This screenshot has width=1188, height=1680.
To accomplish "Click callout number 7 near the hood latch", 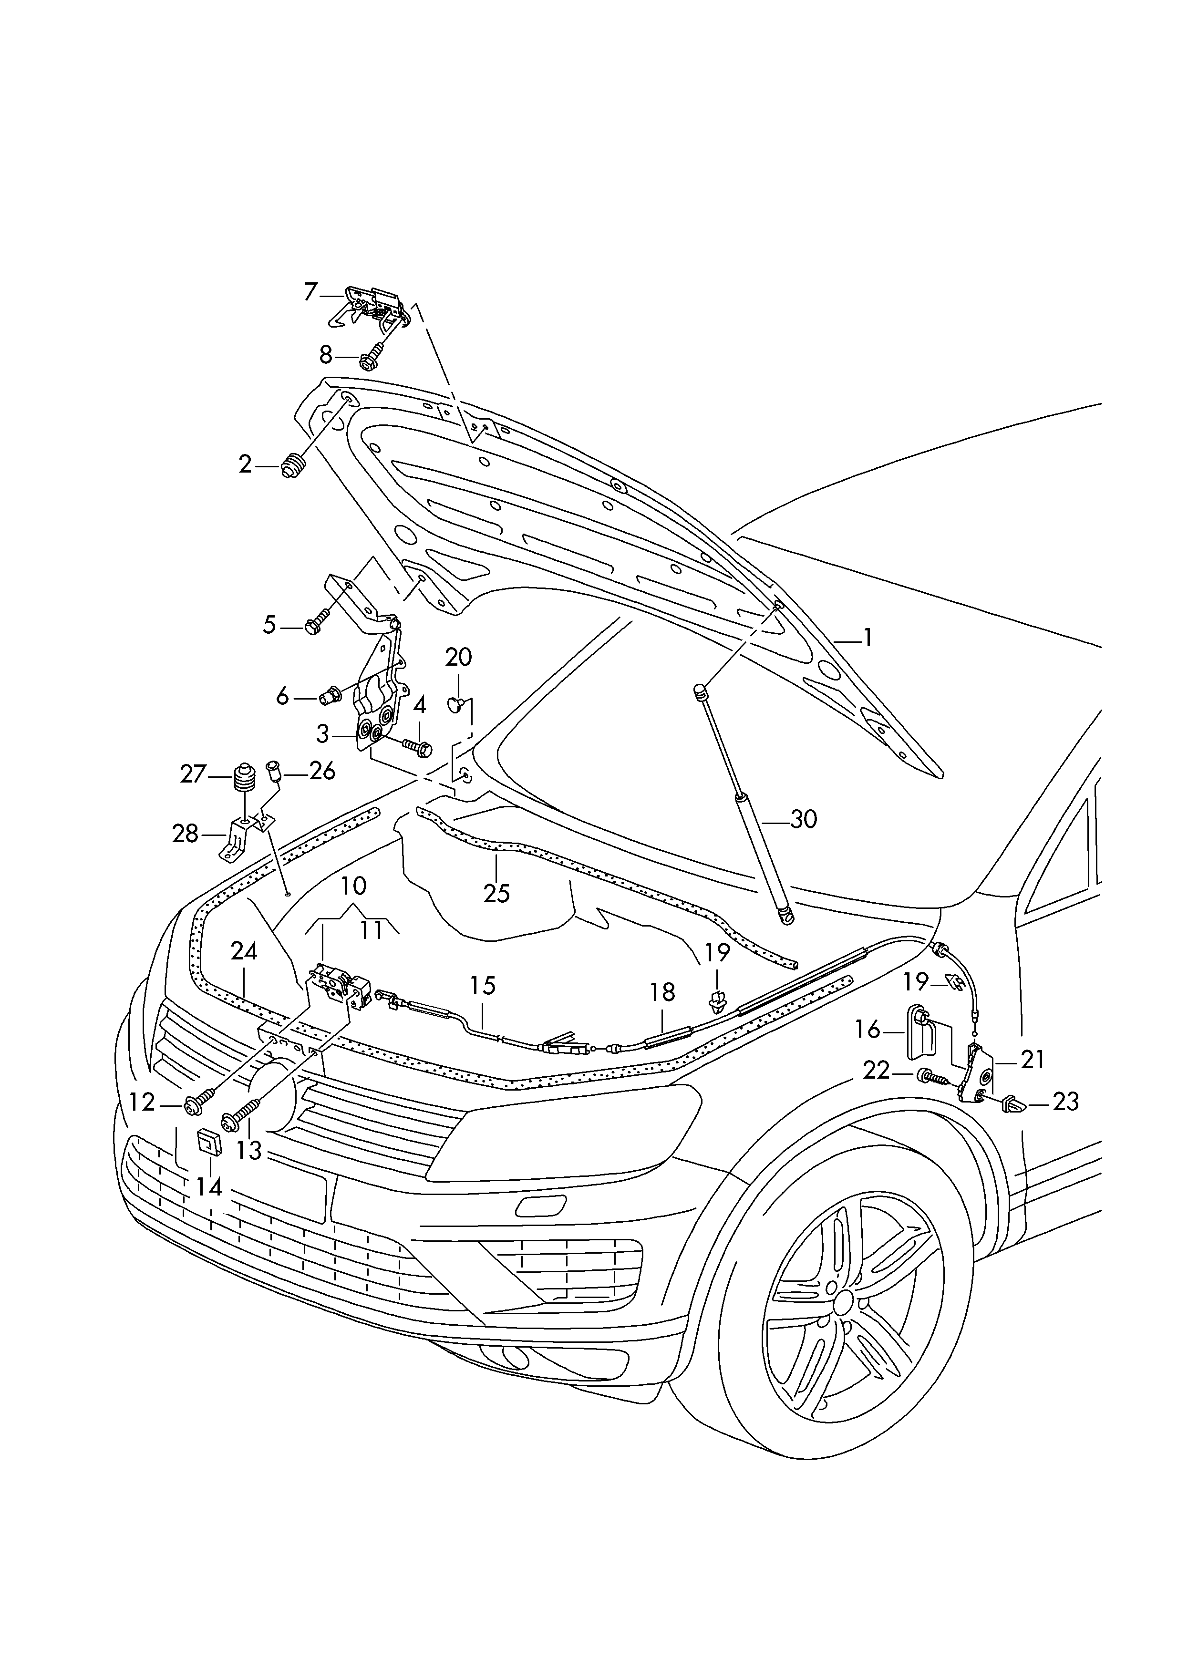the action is [310, 293].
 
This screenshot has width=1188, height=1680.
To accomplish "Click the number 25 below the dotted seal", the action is [496, 894].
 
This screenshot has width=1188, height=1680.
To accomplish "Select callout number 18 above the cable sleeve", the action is [662, 992].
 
